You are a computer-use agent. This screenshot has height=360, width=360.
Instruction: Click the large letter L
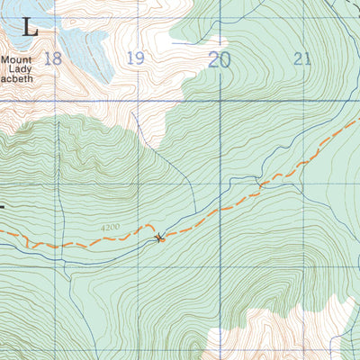[x=30, y=26]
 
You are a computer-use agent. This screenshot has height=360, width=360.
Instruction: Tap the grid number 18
[x=52, y=58]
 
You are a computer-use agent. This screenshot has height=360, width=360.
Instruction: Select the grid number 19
[x=135, y=58]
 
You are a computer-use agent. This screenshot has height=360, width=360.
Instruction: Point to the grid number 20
[x=219, y=59]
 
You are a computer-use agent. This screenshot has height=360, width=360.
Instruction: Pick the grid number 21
[x=301, y=58]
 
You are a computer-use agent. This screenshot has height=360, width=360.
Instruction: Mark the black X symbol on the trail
[x=160, y=238]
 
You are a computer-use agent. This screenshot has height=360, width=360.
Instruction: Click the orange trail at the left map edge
[x=3, y=232]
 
